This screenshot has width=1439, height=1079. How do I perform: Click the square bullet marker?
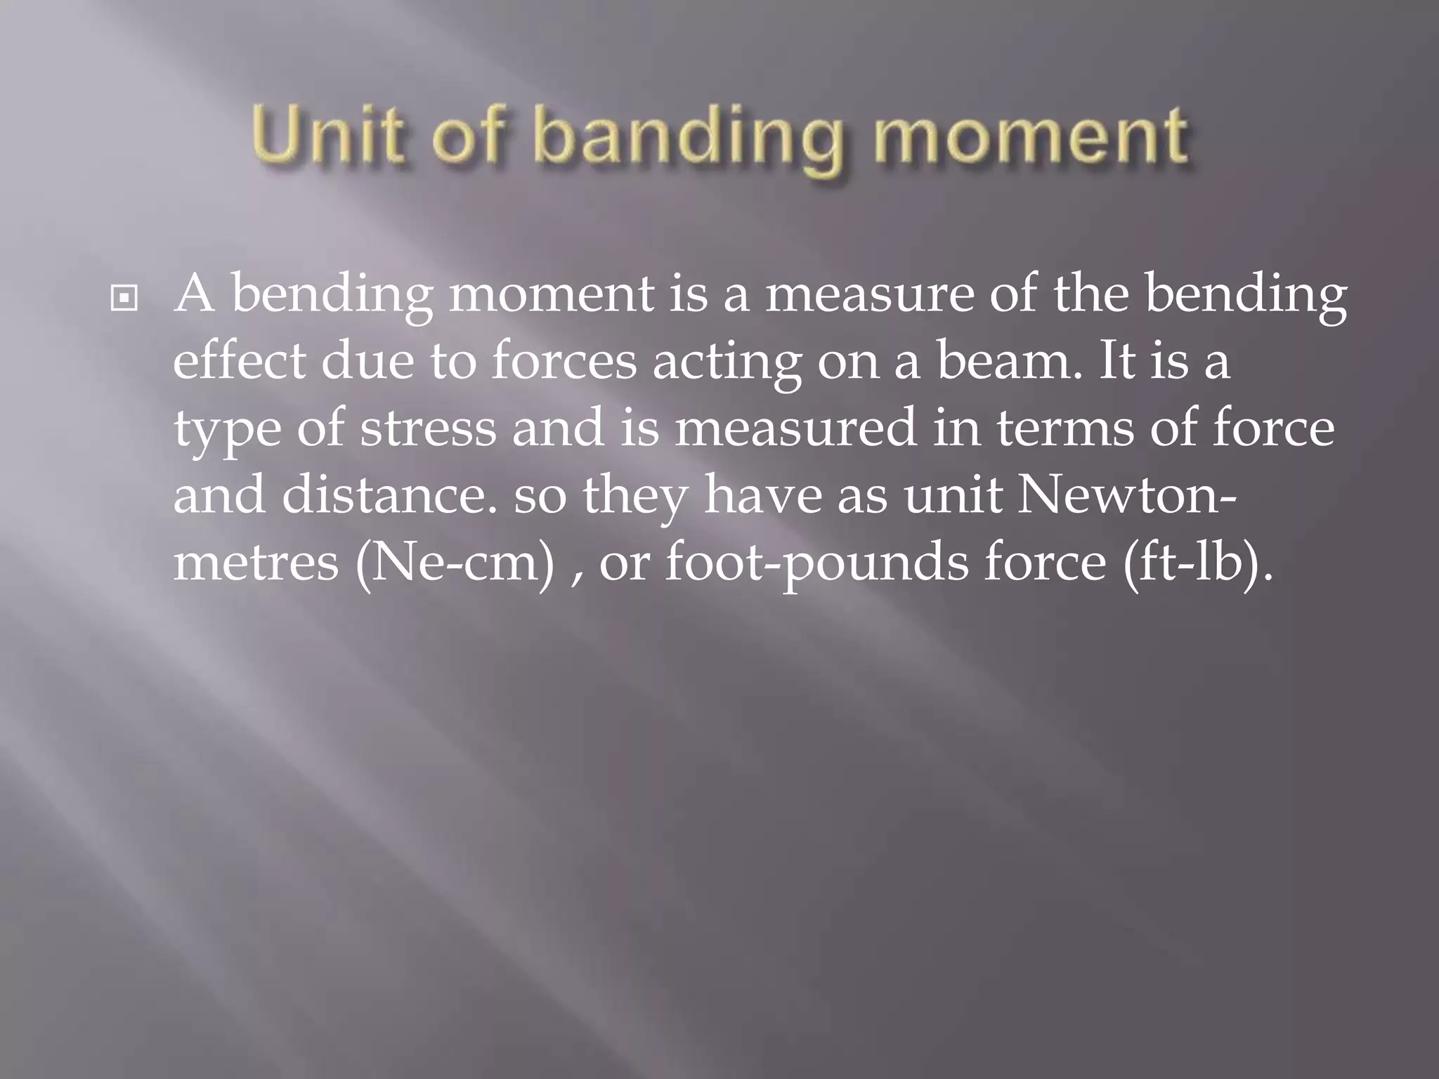click(124, 300)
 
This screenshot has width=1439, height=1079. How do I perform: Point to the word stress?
click(428, 429)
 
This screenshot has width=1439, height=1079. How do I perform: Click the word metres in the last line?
click(256, 563)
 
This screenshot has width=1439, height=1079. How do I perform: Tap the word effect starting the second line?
click(239, 361)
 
